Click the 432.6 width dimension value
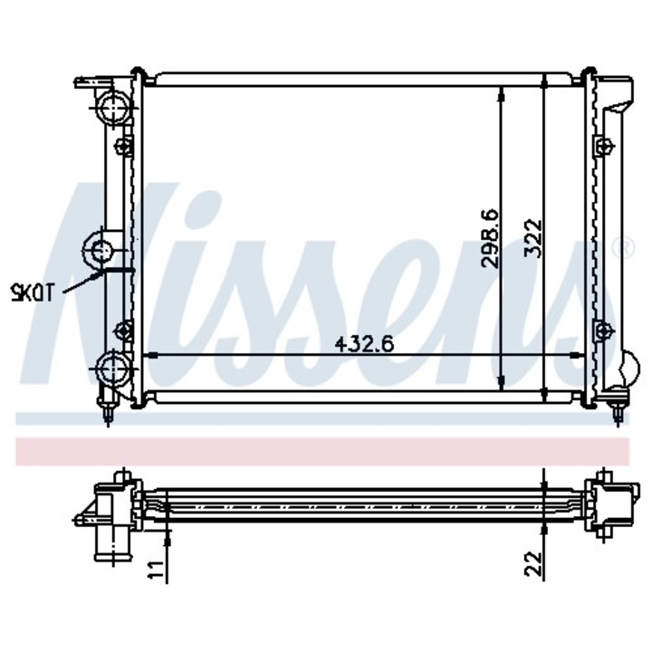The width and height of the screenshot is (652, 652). [364, 344]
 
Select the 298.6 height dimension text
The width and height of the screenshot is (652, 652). [489, 238]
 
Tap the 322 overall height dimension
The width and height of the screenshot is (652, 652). [533, 238]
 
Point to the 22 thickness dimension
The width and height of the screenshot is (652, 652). [533, 563]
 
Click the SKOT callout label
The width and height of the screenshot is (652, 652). [31, 292]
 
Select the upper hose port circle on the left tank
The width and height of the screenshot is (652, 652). [112, 107]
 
